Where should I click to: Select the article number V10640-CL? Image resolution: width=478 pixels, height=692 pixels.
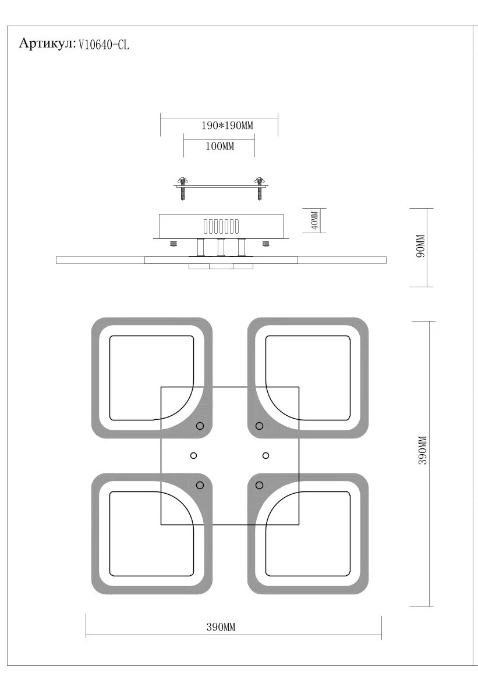[104, 45]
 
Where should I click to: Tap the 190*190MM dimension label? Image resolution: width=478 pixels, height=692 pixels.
[228, 126]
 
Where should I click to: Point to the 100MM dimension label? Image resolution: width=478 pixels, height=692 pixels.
[219, 146]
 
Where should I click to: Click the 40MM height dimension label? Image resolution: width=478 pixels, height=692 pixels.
[314, 220]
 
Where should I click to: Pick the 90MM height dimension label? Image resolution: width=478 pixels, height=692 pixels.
[421, 247]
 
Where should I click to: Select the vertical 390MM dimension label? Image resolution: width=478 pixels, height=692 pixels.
[423, 450]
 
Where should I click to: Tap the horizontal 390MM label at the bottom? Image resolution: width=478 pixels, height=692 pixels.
[221, 627]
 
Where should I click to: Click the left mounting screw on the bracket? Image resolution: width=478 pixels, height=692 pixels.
[182, 188]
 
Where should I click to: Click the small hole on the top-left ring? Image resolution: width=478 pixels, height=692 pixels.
[200, 426]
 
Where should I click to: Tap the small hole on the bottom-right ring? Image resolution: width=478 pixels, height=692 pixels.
[259, 486]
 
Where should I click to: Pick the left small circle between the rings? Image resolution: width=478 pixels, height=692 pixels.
[193, 455]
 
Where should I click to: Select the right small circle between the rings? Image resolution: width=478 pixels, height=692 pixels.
[265, 455]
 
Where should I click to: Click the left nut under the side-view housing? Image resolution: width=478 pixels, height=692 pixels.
[173, 243]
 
